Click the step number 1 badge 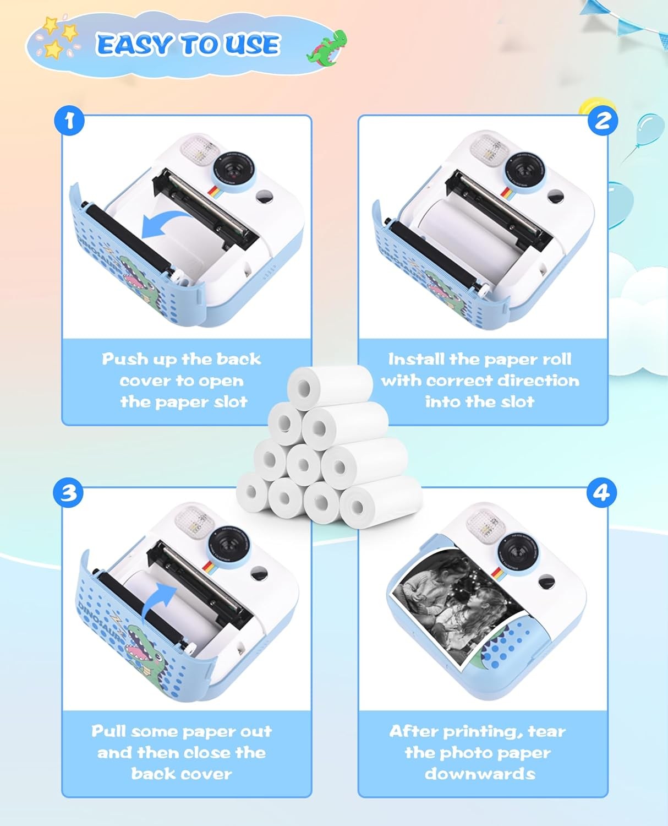coord(69,120)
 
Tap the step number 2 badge coord(603,120)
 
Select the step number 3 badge coord(68,492)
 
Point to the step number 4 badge coord(601,492)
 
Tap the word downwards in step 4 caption coord(479,774)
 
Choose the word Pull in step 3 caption coord(109,731)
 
